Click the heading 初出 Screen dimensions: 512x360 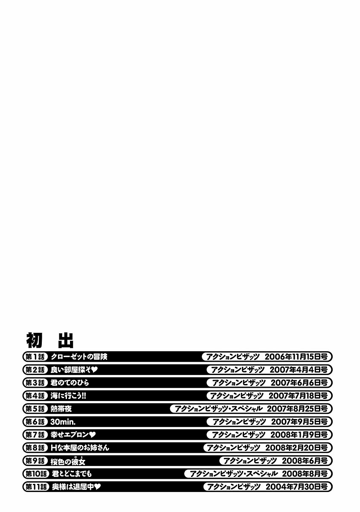50,340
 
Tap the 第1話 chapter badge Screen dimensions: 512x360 35,357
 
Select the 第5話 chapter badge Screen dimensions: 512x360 35,409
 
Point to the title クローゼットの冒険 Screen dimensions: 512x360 79,357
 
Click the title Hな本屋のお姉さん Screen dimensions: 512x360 80,448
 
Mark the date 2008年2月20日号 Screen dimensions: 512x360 296,448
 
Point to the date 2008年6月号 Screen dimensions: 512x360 307,461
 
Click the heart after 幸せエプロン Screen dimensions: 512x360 93,435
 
